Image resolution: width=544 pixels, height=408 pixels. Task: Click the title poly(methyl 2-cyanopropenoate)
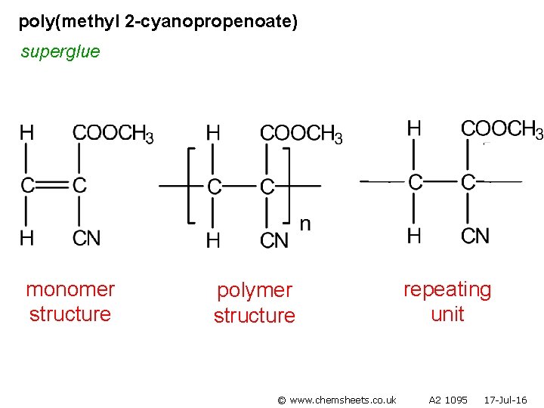[x=158, y=22]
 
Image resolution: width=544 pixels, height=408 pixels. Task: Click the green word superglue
[x=60, y=52]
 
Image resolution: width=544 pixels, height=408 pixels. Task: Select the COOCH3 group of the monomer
[x=113, y=134]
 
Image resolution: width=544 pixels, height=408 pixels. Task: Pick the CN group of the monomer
[x=86, y=238]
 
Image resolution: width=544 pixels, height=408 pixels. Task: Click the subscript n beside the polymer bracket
[x=305, y=224]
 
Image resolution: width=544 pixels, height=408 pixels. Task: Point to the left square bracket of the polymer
[x=190, y=185]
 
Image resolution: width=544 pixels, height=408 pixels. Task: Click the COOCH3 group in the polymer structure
[x=301, y=134]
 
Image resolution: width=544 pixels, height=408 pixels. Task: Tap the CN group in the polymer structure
[x=274, y=240]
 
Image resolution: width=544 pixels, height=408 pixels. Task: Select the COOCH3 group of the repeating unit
[x=502, y=129]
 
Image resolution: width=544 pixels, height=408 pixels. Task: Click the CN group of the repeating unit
[x=475, y=236]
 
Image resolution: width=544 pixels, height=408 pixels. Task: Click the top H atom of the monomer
[x=26, y=134]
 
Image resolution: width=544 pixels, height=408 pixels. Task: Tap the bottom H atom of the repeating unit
[x=414, y=236]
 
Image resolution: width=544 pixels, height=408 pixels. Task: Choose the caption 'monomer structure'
[x=70, y=301]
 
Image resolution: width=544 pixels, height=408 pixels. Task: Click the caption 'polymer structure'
[x=255, y=302]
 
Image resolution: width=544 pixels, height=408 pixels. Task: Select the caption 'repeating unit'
[x=447, y=301]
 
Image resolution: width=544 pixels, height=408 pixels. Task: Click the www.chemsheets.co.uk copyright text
[x=337, y=399]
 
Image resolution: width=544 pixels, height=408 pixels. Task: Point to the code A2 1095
[x=448, y=399]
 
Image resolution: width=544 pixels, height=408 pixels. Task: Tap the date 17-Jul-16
[x=505, y=399]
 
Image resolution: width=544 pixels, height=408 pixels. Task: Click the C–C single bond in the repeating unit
[x=442, y=181]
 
